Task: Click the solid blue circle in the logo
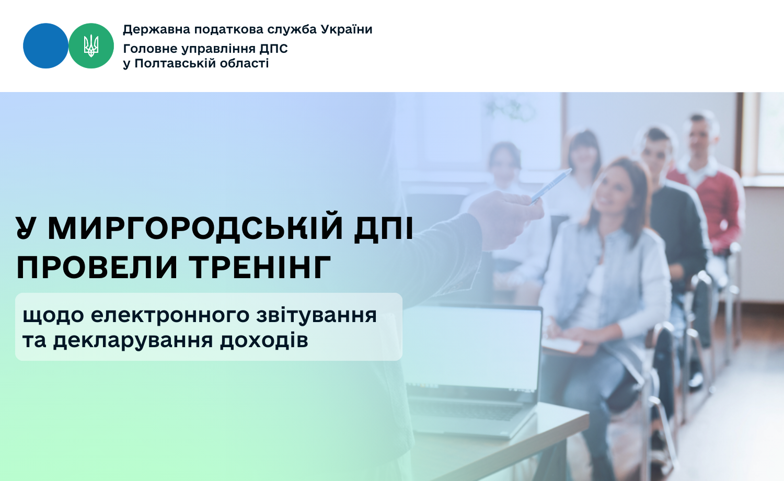pos(45,46)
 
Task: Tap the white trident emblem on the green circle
pos(91,46)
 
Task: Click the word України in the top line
pos(347,29)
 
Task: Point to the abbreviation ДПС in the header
pos(274,49)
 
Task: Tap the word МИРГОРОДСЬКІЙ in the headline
pos(195,228)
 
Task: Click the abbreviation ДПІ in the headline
pos(384,229)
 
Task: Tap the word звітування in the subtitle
pos(316,316)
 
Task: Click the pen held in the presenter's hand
pos(551,186)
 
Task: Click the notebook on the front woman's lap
pos(562,343)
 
